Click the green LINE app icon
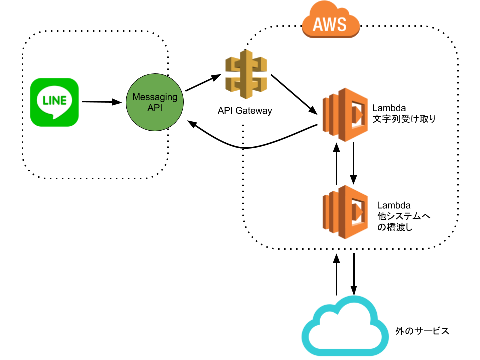tap(55, 102)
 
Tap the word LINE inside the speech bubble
tap(55, 100)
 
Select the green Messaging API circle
tap(155, 102)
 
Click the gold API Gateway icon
tap(246, 75)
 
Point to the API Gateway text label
tap(245, 111)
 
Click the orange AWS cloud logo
tap(331, 20)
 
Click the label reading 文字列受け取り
tap(405, 119)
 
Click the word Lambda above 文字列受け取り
tap(389, 108)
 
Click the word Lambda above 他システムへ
tap(394, 205)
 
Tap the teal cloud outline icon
tap(345, 325)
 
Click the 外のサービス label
tap(422, 331)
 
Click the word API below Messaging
tap(155, 108)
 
